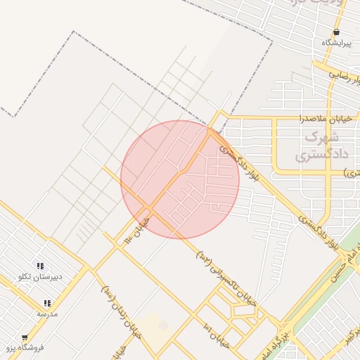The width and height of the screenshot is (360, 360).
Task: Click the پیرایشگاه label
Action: pos(335,44)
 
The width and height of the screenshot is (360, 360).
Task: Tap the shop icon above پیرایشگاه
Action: pos(336,32)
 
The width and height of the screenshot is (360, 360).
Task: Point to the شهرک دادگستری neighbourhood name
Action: pos(304,146)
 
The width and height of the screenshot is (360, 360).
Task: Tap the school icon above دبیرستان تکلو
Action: pos(40,266)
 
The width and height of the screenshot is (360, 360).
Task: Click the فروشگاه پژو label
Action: pos(25,347)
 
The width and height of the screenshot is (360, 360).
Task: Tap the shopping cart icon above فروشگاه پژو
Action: pos(25,337)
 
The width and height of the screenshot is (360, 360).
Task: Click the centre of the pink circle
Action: pos(180,179)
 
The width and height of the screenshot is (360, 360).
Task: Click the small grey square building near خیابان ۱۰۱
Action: pos(164,326)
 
